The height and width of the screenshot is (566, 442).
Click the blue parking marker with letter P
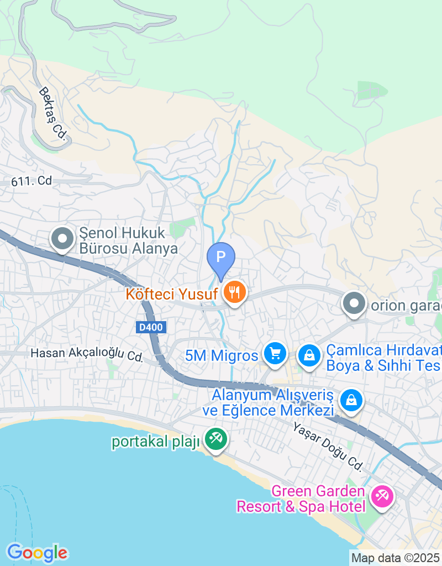[221, 258]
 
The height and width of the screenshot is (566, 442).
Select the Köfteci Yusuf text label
[171, 294]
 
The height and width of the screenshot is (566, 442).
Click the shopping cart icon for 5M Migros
[275, 353]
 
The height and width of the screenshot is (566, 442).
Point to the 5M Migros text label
[222, 355]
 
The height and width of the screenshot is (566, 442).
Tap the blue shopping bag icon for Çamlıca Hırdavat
[310, 355]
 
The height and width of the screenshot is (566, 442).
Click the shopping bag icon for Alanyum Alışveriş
[351, 399]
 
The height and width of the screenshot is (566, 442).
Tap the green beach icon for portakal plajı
[215, 439]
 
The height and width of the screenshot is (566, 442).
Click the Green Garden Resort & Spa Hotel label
[301, 499]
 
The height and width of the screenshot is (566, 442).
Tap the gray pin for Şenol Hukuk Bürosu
[62, 239]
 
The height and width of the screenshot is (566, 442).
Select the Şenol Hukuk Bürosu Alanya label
[128, 241]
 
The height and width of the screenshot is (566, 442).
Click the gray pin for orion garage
[354, 303]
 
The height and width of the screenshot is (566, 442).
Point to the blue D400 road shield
[151, 327]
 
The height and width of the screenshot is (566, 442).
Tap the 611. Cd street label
[31, 181]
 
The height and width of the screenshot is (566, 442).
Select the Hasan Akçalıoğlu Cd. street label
[87, 355]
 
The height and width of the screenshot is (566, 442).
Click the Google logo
[37, 552]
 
